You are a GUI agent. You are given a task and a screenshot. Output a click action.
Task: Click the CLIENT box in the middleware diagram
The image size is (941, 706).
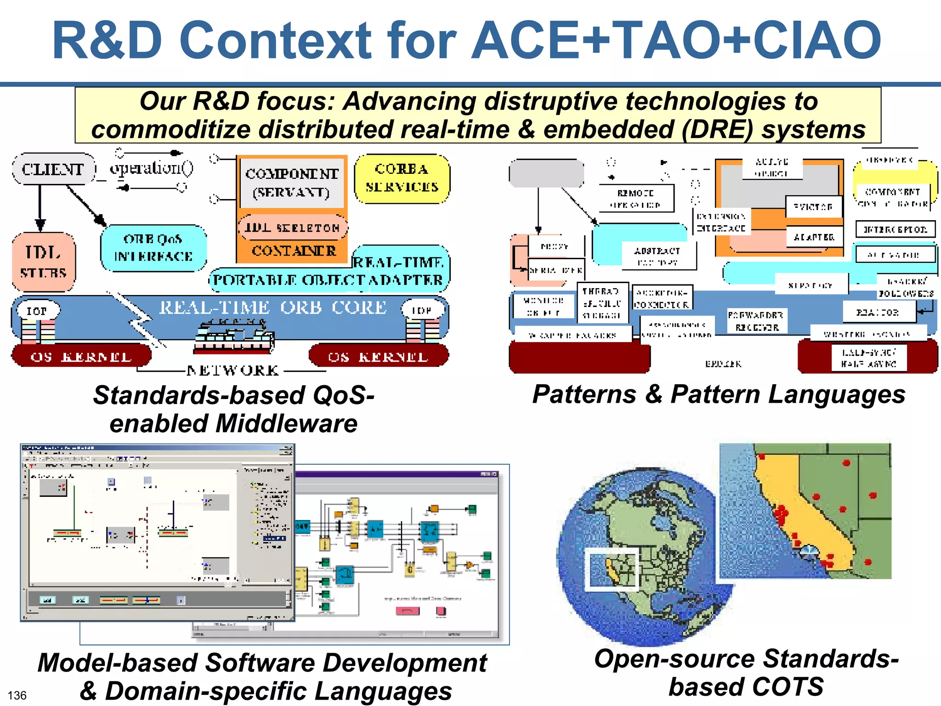[x=53, y=169]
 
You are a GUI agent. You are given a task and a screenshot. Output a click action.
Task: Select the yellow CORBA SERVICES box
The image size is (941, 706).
[x=402, y=178]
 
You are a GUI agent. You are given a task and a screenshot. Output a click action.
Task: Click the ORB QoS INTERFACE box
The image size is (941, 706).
[x=153, y=248]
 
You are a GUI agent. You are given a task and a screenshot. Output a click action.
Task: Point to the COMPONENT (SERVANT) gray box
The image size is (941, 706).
[x=292, y=183]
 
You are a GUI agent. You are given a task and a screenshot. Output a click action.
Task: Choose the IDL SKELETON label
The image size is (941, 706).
[x=292, y=228]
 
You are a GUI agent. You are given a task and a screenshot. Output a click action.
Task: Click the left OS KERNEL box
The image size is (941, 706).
[x=81, y=356]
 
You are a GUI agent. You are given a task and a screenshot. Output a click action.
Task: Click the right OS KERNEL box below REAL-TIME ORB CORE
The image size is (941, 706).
[x=378, y=356]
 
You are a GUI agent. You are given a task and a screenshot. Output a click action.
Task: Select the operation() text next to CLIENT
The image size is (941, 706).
[x=152, y=168]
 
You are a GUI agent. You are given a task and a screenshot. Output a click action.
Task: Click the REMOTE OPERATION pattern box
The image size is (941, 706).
[x=636, y=199]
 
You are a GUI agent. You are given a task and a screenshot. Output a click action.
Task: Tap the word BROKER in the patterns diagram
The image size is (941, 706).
[x=723, y=364]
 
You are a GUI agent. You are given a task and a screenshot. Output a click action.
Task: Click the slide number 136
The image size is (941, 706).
[x=17, y=695]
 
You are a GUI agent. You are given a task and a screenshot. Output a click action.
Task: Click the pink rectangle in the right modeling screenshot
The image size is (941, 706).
[x=407, y=610]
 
